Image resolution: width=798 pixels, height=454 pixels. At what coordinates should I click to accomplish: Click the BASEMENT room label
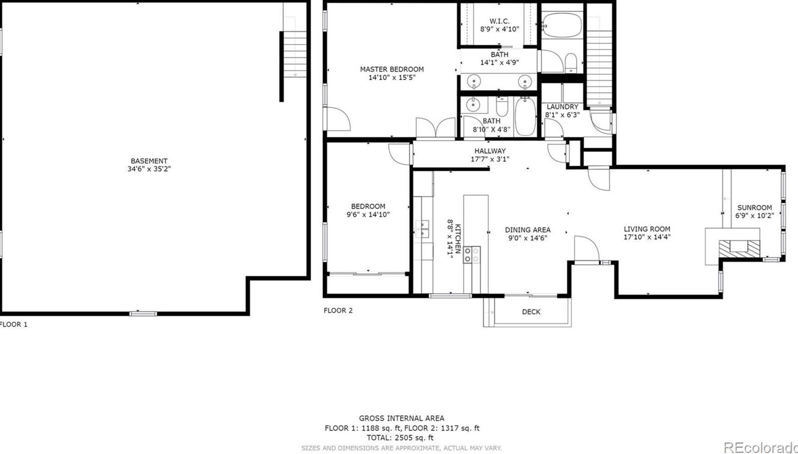click(x=149, y=161)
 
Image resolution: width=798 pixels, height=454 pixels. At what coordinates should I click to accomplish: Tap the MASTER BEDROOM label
click(x=392, y=69)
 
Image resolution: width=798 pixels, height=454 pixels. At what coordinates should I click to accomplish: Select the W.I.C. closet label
click(x=500, y=22)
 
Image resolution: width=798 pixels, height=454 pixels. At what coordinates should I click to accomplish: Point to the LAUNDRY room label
click(x=563, y=107)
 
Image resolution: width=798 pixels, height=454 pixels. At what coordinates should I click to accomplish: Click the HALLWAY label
click(x=490, y=151)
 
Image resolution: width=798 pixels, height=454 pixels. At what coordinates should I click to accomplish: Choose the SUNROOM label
click(x=755, y=207)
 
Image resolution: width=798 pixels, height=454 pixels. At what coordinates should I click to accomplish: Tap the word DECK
click(x=531, y=312)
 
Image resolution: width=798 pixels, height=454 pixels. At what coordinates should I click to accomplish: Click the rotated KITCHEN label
click(x=458, y=238)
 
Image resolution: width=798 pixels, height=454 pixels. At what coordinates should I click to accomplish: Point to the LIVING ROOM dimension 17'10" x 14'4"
click(x=647, y=237)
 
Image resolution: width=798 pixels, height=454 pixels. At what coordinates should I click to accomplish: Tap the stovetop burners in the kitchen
click(x=472, y=255)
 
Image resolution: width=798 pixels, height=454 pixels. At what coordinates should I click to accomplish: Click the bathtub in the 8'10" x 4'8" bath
click(x=525, y=116)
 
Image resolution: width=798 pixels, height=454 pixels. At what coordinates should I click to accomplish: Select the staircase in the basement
click(x=295, y=54)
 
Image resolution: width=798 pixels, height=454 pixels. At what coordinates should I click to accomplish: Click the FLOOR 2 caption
click(x=338, y=310)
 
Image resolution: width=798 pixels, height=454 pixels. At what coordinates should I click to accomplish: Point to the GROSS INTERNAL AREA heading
click(x=401, y=418)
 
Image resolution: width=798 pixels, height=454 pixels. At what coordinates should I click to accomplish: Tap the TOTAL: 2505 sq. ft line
click(x=400, y=438)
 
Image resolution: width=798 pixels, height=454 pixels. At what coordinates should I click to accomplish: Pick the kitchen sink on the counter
click(x=422, y=229)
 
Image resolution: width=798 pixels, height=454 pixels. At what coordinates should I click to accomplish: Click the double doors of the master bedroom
click(x=436, y=128)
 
